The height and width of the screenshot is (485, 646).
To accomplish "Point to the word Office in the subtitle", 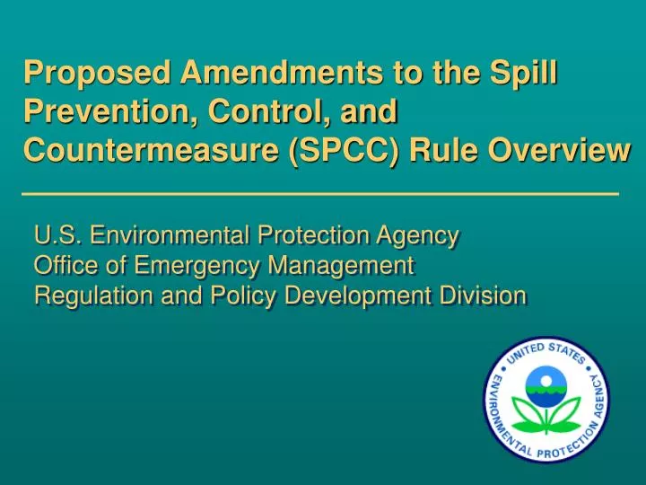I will tap(61, 266).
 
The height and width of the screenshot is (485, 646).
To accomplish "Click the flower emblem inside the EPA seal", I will tap(546, 400).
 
